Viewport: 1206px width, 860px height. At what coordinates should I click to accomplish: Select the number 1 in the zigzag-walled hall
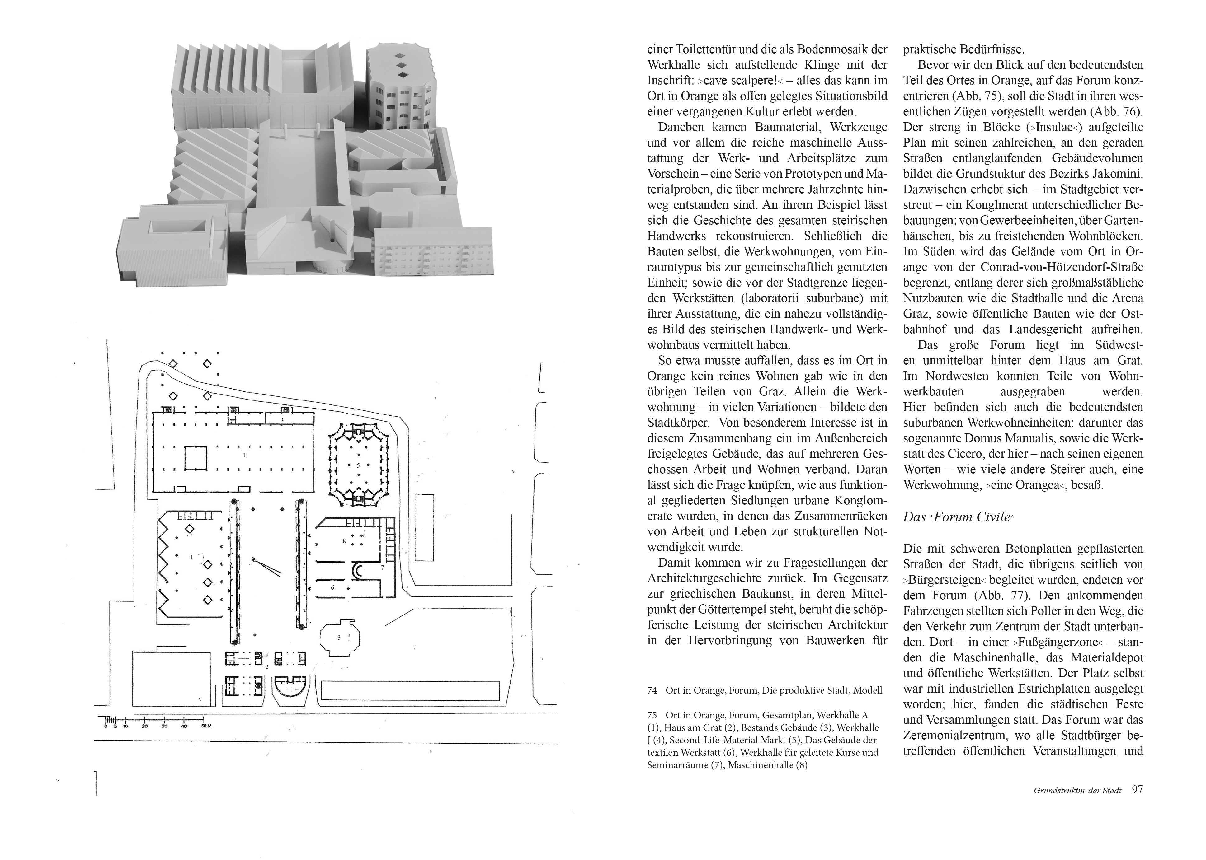click(x=191, y=557)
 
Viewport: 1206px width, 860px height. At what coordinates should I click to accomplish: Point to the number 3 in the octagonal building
click(x=339, y=638)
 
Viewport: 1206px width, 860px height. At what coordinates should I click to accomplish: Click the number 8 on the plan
click(x=344, y=541)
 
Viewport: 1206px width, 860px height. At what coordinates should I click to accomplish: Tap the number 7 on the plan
click(x=382, y=568)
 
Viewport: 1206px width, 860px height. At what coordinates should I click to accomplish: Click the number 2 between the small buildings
click(x=267, y=667)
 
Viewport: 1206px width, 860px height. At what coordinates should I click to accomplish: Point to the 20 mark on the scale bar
click(x=145, y=726)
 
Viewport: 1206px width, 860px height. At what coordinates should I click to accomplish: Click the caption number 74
click(x=652, y=690)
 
